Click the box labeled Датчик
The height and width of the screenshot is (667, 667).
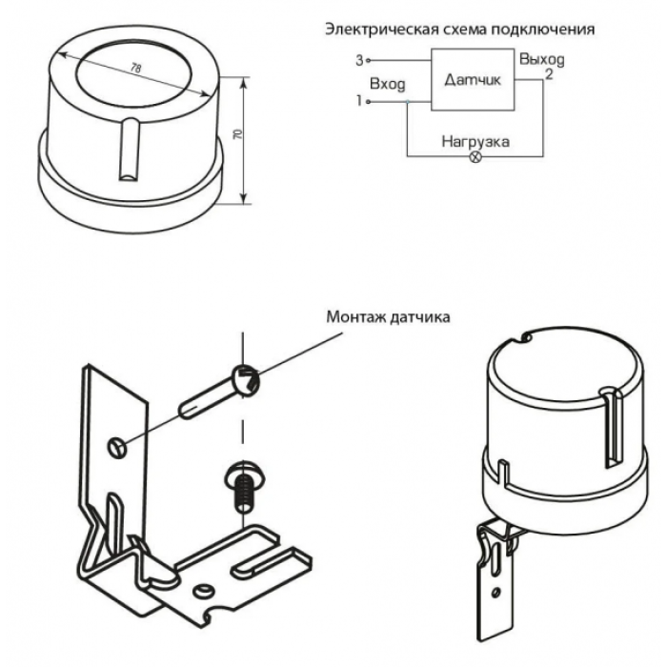point(473,79)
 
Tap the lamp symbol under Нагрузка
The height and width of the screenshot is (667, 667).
point(475,156)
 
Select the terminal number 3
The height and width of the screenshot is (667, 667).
point(359,61)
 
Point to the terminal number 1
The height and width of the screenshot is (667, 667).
point(359,101)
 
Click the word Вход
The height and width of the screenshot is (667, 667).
point(387,84)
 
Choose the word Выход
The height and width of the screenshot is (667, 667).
point(542,59)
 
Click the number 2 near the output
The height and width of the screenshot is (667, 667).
point(549,74)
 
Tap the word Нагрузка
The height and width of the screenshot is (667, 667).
point(475,142)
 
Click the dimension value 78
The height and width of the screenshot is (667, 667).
point(135,68)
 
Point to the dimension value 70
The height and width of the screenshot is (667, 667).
point(238,134)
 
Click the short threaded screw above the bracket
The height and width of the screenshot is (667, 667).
point(241,486)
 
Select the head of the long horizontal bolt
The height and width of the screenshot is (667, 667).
point(245,379)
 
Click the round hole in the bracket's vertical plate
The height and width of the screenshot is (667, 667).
point(116,448)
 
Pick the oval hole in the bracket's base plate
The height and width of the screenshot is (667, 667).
point(202,590)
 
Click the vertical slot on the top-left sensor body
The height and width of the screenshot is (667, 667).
point(129,150)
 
